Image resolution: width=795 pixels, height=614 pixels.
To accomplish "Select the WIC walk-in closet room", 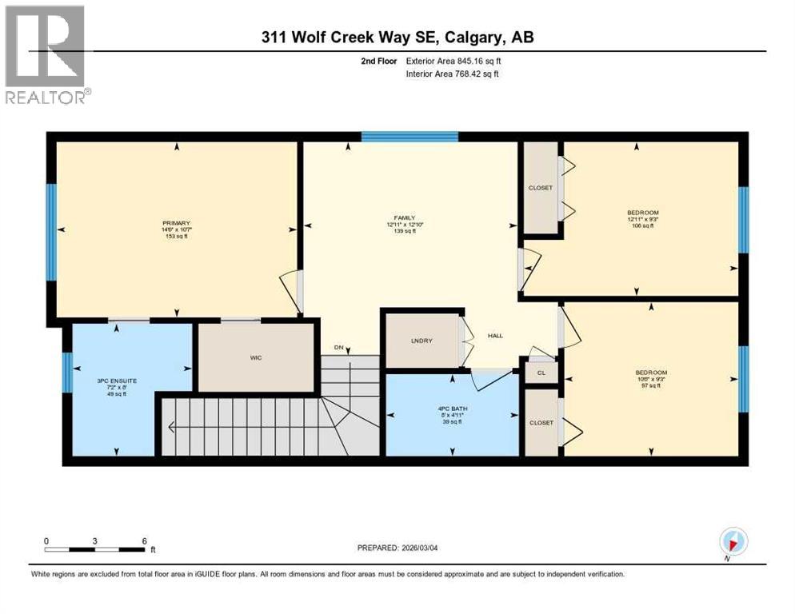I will point(255,357).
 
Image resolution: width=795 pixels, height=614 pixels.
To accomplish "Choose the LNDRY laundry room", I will point(421,341).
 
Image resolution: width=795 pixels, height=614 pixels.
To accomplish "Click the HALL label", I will point(495,336).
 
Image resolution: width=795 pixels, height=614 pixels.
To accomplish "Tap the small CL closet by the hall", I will point(541,373).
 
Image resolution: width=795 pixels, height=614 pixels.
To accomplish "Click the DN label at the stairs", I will point(340,348).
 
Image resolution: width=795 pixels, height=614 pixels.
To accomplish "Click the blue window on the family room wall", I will point(409,137).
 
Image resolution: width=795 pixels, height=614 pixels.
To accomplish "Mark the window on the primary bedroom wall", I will point(51,232).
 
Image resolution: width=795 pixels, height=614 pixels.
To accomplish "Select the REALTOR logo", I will point(46,54).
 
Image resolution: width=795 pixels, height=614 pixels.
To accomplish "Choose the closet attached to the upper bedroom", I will point(540,188).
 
